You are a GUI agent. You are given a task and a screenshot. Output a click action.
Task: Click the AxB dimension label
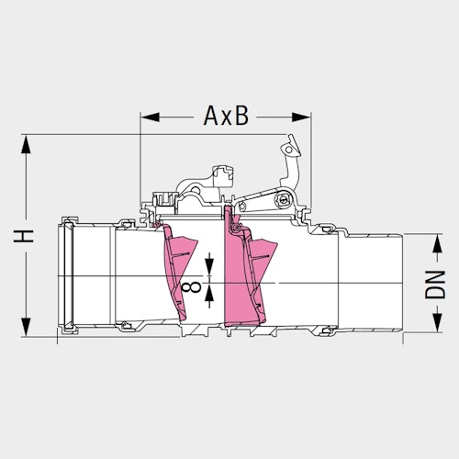(224, 117)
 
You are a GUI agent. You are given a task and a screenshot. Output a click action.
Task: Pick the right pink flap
(248, 275)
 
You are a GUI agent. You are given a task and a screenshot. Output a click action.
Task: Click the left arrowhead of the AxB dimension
(146, 117)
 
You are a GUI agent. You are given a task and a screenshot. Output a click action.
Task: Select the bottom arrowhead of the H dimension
(28, 334)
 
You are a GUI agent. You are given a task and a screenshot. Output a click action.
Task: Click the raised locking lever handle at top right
(292, 151)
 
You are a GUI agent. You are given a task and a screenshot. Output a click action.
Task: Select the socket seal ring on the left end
(67, 273)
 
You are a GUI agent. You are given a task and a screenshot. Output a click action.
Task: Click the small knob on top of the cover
(219, 172)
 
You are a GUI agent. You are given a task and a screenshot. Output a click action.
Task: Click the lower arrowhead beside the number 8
(211, 295)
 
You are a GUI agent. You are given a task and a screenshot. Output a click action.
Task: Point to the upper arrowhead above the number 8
(211, 270)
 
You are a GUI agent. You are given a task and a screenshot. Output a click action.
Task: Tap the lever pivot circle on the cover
(280, 200)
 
